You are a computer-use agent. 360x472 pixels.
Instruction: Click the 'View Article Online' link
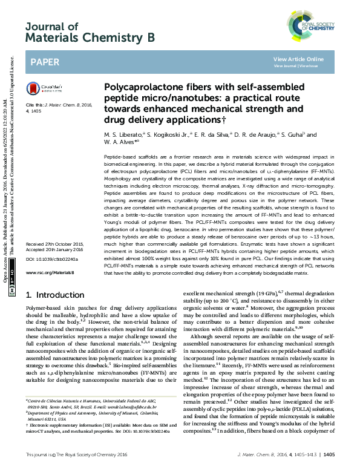point(298,59)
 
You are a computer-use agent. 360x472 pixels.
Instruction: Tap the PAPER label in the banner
point(45,62)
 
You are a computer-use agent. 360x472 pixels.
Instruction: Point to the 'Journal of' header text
point(52,27)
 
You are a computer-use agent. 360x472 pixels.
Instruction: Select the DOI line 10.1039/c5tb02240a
point(50,260)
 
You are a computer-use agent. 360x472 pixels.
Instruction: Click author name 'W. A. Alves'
point(120,143)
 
